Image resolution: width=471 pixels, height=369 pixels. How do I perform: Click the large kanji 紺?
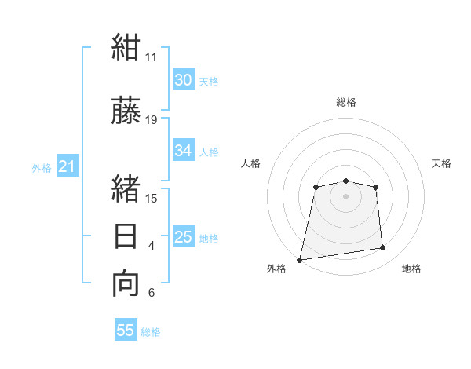click(x=126, y=47)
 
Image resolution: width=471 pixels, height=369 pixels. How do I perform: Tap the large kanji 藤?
click(x=126, y=110)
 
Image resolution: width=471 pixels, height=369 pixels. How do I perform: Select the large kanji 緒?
click(x=126, y=188)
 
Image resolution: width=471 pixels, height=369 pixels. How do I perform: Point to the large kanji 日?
click(x=126, y=236)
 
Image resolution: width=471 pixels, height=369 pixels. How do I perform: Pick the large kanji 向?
click(x=126, y=283)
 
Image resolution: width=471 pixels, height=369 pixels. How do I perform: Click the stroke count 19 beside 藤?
click(x=151, y=120)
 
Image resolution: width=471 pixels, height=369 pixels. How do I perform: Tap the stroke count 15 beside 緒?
click(x=151, y=199)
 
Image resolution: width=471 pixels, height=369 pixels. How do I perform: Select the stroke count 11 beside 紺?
click(x=151, y=57)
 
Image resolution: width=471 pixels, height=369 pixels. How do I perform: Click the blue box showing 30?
click(x=184, y=79)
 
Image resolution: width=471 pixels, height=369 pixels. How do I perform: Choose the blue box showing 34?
click(x=184, y=150)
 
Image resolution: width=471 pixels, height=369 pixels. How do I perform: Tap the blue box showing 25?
click(x=184, y=236)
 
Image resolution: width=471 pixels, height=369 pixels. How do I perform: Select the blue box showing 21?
click(x=68, y=166)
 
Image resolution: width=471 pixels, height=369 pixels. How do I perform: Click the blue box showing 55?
click(x=126, y=329)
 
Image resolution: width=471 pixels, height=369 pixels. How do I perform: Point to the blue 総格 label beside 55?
click(x=151, y=332)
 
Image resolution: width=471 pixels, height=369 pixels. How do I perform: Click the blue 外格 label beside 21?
click(x=42, y=168)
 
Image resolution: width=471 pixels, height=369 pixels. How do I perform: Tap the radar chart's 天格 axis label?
click(x=441, y=163)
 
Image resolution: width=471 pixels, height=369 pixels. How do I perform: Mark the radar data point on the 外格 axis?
click(x=300, y=260)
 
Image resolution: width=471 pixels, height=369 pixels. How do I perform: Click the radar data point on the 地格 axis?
click(x=383, y=247)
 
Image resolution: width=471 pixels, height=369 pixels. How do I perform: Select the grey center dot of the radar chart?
click(x=345, y=196)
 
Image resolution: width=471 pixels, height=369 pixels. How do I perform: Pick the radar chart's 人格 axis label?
click(x=250, y=163)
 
